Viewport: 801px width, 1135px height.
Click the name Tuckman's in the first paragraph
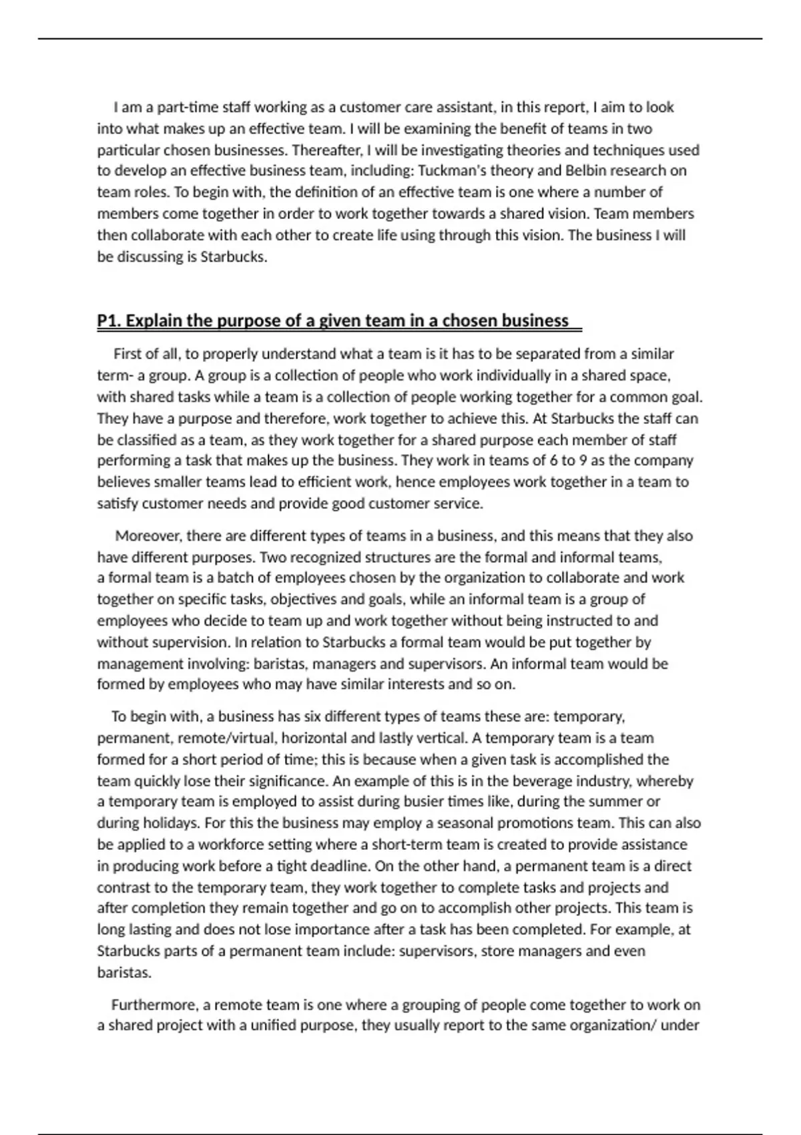point(447,171)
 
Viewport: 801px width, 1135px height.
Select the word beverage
point(543,781)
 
